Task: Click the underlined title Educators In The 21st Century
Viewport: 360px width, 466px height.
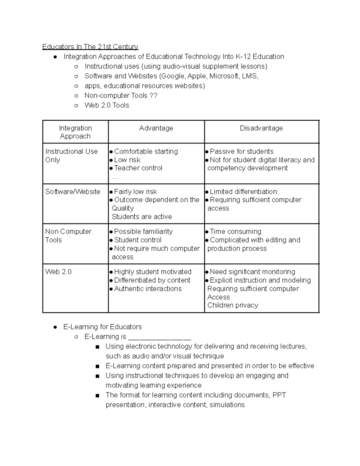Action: click(90, 47)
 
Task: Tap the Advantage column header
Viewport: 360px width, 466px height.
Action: click(156, 128)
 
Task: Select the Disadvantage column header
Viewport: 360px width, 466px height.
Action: click(261, 128)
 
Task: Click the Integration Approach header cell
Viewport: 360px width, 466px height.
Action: click(75, 132)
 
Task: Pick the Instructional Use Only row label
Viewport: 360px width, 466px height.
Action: click(71, 155)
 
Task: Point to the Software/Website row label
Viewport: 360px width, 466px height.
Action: click(73, 192)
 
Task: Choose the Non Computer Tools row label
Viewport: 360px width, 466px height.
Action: click(68, 236)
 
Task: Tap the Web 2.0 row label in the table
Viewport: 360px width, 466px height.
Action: click(58, 272)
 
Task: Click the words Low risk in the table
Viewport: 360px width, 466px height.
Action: click(127, 160)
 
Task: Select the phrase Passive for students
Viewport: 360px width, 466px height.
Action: click(241, 152)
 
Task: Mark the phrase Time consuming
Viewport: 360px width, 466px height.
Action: click(235, 232)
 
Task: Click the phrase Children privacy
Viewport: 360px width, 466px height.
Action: click(232, 305)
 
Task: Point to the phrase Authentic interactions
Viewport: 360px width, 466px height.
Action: click(148, 289)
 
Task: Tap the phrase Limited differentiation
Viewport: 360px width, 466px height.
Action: click(243, 192)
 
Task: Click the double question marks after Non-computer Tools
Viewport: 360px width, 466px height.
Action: click(153, 96)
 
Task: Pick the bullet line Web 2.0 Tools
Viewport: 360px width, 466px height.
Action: click(107, 105)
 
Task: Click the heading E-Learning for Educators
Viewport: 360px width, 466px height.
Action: click(103, 327)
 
